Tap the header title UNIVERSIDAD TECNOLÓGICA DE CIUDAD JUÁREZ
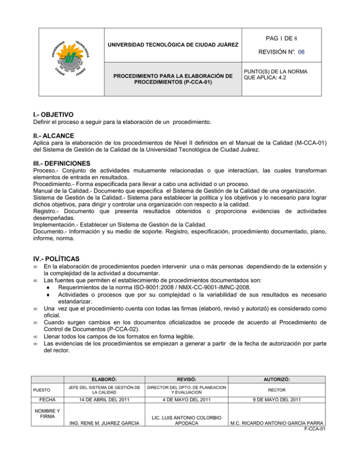pyautogui.click(x=173, y=45)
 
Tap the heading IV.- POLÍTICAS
pyautogui.click(x=46, y=258)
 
